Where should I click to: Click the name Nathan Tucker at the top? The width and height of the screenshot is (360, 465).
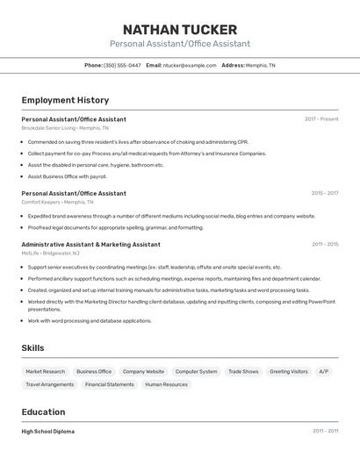(x=180, y=29)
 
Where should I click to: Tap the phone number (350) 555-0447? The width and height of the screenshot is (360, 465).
(x=122, y=65)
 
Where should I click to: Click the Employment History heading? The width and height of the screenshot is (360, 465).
(x=65, y=100)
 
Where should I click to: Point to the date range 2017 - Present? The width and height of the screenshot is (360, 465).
(x=321, y=119)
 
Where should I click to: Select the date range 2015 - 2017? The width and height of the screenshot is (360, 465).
(x=324, y=193)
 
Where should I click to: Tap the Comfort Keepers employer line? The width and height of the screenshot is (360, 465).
(x=56, y=202)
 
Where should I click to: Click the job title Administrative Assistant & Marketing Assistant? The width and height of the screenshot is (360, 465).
(x=90, y=245)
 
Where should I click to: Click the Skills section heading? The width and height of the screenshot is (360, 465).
(x=32, y=348)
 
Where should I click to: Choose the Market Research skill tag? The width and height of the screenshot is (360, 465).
(x=46, y=371)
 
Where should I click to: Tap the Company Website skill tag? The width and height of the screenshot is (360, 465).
(x=143, y=371)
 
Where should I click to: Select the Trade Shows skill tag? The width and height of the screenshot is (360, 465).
(x=243, y=371)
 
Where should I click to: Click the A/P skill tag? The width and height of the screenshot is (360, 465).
(x=324, y=371)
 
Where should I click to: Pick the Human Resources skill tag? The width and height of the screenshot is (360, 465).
(x=166, y=384)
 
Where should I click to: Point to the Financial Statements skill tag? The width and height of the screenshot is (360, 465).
(x=110, y=384)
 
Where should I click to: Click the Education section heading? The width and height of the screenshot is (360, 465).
(x=43, y=411)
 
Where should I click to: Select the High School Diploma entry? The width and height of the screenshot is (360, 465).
(x=48, y=432)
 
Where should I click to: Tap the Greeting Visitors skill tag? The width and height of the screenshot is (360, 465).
(x=289, y=371)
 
